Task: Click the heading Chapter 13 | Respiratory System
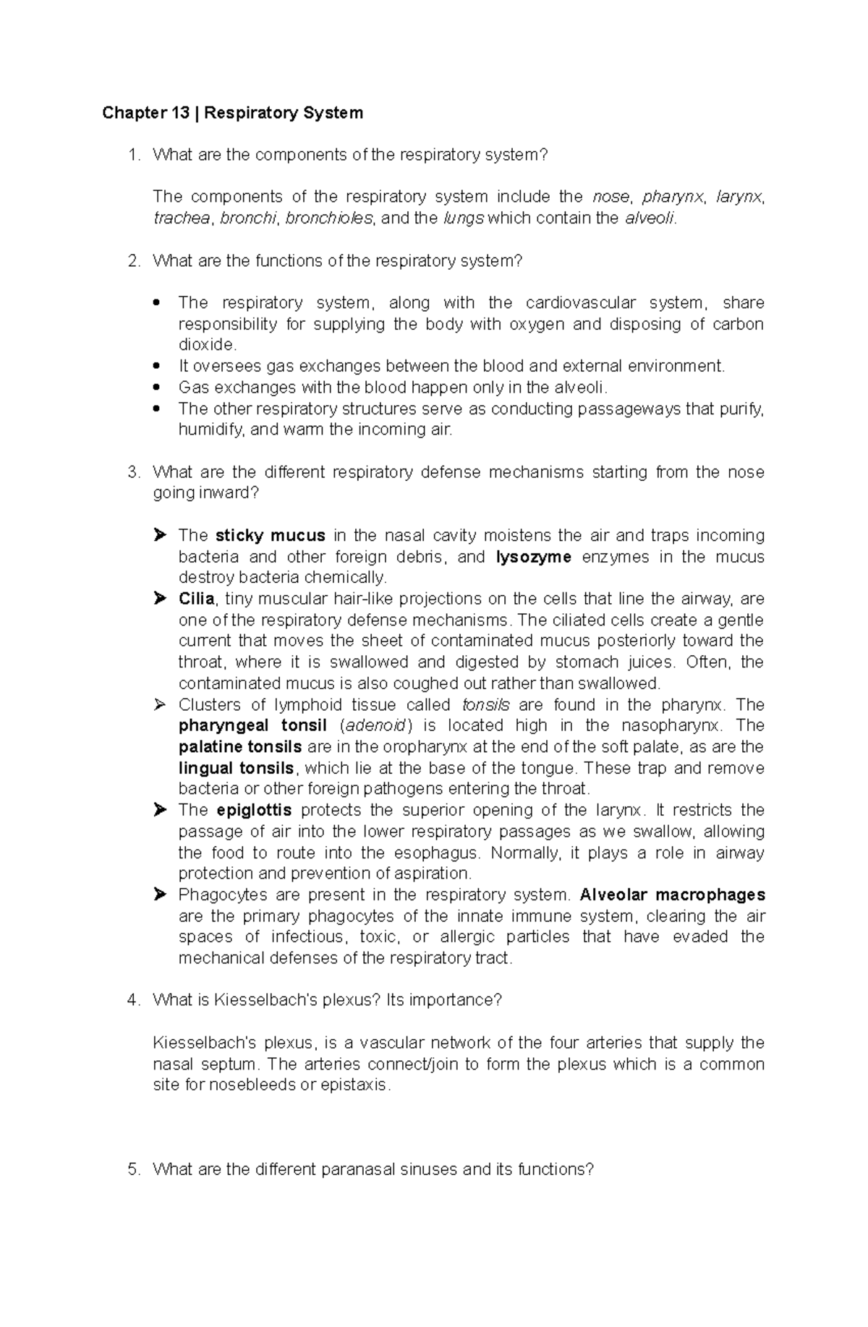click(232, 113)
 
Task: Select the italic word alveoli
click(650, 218)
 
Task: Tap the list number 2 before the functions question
click(132, 261)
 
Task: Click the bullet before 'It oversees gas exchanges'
click(158, 367)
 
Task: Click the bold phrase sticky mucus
click(271, 536)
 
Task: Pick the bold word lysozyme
click(534, 557)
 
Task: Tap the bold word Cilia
click(196, 599)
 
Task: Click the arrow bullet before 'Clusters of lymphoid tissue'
click(160, 705)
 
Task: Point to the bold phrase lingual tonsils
click(236, 768)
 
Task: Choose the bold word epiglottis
click(254, 810)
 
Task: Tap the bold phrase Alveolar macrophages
click(672, 895)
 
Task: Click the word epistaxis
click(354, 1085)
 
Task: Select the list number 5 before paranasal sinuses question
click(132, 1169)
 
